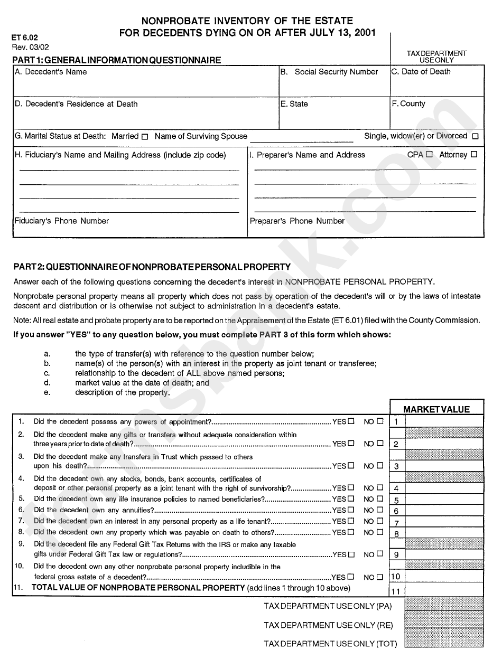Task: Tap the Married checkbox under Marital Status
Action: point(144,137)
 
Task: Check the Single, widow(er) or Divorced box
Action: point(475,137)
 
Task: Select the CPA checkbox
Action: point(429,155)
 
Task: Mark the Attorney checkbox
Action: point(473,155)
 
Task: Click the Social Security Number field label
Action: point(336,72)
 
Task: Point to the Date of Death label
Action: point(421,72)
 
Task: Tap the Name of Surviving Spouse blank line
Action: point(301,138)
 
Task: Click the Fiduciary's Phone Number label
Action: point(62,221)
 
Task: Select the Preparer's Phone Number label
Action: point(297,221)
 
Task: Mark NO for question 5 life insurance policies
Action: point(380,499)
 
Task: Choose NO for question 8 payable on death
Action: point(380,532)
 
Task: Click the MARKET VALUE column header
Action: point(436,409)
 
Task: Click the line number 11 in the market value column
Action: point(396,592)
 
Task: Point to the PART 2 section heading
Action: point(152,267)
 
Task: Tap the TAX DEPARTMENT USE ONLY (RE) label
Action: point(328,625)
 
